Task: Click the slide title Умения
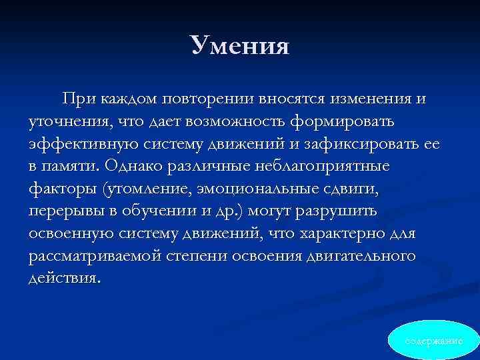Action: [x=239, y=45]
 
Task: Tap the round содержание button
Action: [x=434, y=341]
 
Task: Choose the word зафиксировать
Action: [x=359, y=144]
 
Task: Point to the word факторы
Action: [x=62, y=189]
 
